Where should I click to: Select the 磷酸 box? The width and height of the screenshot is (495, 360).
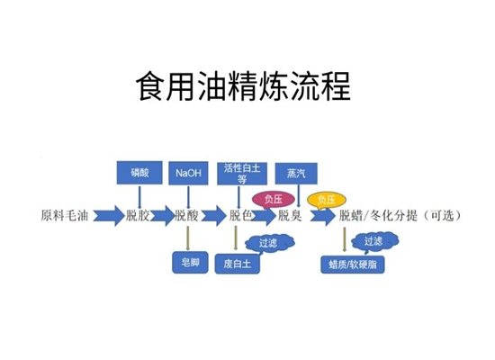139,171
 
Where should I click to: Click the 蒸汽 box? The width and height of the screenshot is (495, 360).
296,171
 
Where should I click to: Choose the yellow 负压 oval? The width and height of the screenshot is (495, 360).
324,198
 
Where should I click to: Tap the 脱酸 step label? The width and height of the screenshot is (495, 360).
186,215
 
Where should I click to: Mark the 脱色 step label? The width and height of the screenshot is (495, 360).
239,215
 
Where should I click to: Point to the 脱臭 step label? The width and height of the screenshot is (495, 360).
289,215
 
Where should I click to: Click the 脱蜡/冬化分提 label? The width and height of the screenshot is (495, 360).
379,215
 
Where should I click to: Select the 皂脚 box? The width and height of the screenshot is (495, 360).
190,264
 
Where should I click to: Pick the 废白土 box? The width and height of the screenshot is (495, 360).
236,264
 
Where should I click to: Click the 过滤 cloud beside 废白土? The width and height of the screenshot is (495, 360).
268,242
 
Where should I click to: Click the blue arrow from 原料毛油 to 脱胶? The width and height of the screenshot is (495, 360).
106,216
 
